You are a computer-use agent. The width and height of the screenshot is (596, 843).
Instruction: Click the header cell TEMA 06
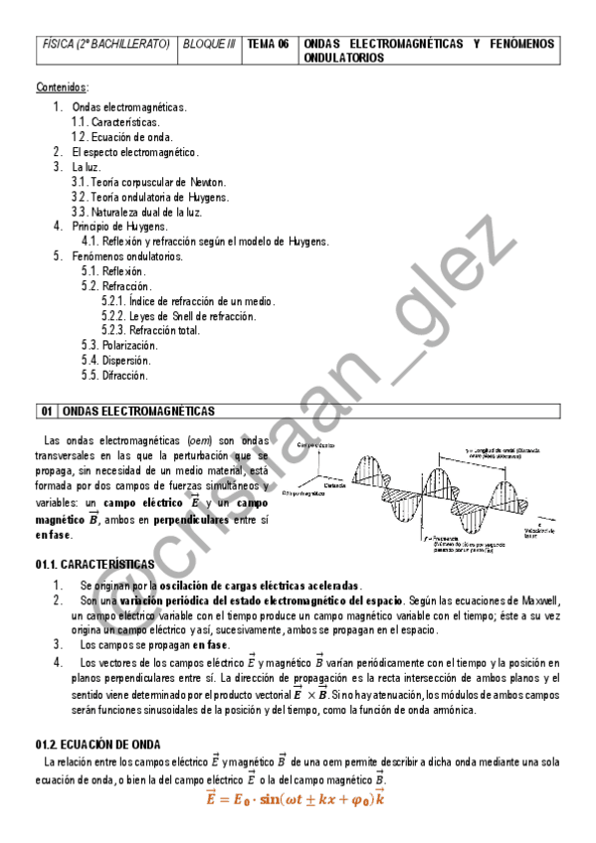pyautogui.click(x=268, y=45)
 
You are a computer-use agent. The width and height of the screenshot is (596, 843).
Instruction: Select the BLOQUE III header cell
pyautogui.click(x=209, y=45)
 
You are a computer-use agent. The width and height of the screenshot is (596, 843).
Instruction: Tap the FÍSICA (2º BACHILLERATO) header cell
pyautogui.click(x=106, y=45)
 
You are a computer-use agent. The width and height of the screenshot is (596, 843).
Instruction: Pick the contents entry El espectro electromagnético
pyautogui.click(x=135, y=152)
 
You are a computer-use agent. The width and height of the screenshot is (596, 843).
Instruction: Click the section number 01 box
pyautogui.click(x=47, y=411)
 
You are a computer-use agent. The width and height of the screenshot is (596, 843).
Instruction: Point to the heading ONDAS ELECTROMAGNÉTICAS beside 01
pyautogui.click(x=138, y=411)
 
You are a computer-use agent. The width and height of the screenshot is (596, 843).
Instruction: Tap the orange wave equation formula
pyautogui.click(x=296, y=798)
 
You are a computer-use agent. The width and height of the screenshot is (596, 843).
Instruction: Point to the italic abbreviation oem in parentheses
pyautogui.click(x=198, y=440)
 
